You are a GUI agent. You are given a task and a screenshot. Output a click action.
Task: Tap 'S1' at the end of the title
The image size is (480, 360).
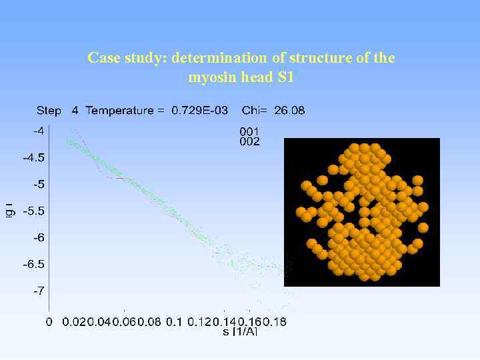point(284,77)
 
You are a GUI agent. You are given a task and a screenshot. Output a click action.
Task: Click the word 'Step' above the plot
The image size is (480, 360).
point(49,111)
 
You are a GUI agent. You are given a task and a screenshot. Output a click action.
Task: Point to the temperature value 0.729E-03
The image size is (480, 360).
point(199,111)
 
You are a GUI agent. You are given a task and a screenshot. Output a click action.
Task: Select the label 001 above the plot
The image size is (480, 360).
point(249,131)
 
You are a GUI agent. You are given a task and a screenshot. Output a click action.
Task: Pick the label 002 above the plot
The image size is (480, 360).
point(249,141)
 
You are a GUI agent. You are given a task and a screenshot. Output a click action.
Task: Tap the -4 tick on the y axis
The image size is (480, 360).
point(39,131)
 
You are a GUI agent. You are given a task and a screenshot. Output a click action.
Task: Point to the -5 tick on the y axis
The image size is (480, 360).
point(39,184)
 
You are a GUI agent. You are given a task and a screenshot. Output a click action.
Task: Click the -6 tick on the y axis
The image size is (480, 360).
point(39,237)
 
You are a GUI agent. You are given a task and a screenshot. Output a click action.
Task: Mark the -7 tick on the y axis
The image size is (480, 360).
point(39,291)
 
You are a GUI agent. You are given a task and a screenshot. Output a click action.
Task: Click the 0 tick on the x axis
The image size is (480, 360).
point(49,322)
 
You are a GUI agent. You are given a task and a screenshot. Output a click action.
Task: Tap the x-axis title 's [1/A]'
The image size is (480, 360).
point(240,331)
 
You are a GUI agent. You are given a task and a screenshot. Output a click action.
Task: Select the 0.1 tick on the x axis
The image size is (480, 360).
point(173,322)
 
